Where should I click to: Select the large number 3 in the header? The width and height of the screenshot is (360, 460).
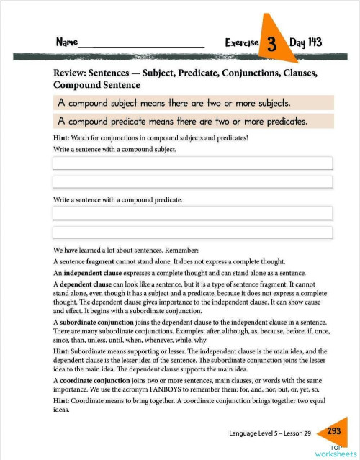(272, 43)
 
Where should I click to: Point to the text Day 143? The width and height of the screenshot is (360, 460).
(306, 42)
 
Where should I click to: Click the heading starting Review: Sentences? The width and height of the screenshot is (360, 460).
(186, 78)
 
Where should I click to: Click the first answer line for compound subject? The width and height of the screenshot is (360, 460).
(192, 163)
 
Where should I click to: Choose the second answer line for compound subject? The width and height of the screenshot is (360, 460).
(192, 182)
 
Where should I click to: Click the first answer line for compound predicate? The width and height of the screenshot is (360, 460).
(192, 213)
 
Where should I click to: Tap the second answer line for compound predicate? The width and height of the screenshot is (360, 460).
(192, 232)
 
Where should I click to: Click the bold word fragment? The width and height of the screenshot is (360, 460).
(100, 262)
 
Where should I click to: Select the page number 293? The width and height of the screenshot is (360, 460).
(333, 431)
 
